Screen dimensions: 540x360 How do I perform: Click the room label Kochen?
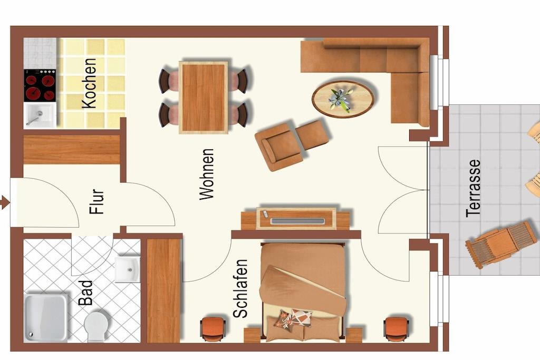[x=90, y=84]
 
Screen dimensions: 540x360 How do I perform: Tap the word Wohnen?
[x=207, y=174]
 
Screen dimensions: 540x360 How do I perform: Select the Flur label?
[x=97, y=201]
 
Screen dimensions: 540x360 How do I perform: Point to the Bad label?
[x=85, y=293]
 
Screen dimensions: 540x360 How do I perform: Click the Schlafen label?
[x=240, y=288]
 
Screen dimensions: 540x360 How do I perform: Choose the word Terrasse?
[x=473, y=188]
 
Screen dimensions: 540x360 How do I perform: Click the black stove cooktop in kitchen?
[x=40, y=85]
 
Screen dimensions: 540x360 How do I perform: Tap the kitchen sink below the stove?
[x=40, y=115]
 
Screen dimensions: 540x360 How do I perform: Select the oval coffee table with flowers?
[x=343, y=99]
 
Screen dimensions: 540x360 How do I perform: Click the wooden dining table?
[x=204, y=98]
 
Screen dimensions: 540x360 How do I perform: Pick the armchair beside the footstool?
[x=278, y=147]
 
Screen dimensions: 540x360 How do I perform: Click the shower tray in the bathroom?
[x=45, y=318]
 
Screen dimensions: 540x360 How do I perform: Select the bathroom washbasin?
[x=128, y=269]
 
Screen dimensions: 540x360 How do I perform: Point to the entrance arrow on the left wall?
[x=5, y=202]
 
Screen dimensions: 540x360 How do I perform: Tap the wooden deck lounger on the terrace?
[x=502, y=244]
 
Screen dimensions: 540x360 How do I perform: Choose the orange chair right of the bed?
[x=397, y=329]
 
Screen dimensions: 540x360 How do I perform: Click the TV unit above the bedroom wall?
[x=296, y=219]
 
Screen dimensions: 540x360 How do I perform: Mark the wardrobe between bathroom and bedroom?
[x=164, y=291]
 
